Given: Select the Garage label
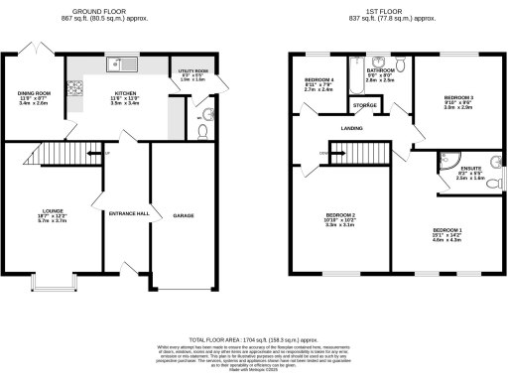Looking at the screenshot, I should coord(184,214).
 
